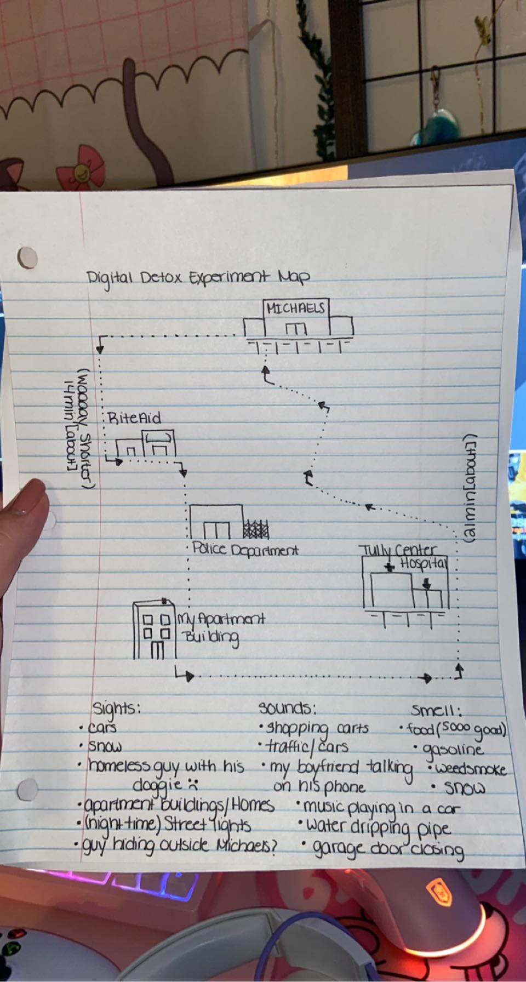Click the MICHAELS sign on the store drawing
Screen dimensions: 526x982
[295, 308]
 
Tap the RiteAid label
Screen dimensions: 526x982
[135, 419]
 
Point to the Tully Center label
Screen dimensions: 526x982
[398, 550]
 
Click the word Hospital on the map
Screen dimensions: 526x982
[423, 564]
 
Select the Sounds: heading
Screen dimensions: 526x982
[287, 708]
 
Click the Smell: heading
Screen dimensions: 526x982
[437, 711]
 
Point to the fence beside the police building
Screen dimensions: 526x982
[256, 529]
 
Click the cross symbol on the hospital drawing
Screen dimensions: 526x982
[390, 567]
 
